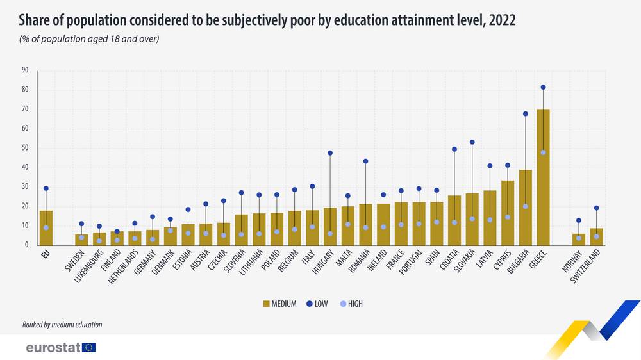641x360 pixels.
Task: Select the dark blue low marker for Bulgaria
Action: coord(525,114)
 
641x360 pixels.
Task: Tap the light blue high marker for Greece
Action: coord(543,152)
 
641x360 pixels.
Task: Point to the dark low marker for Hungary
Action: coord(330,153)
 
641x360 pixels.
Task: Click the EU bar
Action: coord(46,228)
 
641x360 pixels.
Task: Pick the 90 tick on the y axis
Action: coord(25,70)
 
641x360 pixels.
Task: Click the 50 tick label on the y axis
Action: coord(25,148)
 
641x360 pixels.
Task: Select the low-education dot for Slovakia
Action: coord(472,142)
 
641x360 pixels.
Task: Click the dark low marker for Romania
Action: coord(365,161)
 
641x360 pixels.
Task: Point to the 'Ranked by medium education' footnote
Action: coord(62,325)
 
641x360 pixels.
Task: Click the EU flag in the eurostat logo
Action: coord(89,348)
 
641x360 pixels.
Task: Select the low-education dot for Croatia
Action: coord(454,149)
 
